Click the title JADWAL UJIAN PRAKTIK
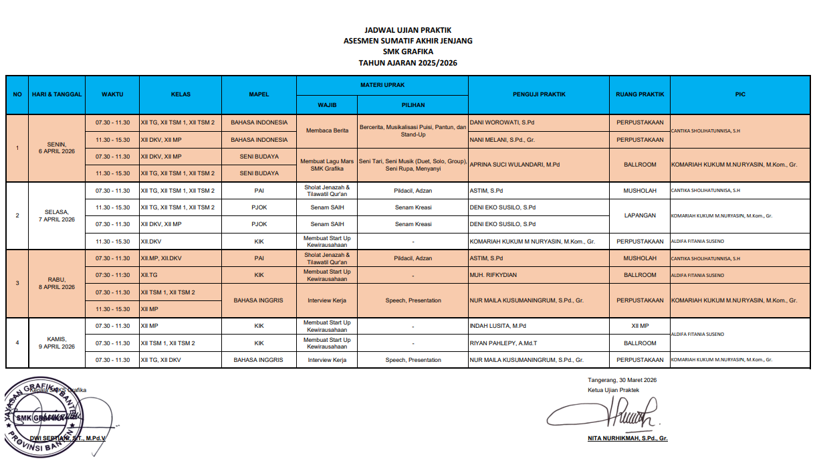coord(408,30)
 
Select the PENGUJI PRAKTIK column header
coord(539,94)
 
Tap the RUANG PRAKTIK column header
coord(640,94)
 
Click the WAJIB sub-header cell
coord(327,105)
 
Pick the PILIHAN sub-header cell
coord(413,105)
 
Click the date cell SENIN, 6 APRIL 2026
coord(56,148)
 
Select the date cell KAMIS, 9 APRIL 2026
coord(56,343)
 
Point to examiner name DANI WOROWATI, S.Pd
coord(502,123)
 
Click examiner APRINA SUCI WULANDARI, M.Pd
coord(515,165)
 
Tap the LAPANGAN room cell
coord(640,215)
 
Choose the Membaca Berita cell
coord(327,131)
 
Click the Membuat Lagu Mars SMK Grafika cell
coord(327,165)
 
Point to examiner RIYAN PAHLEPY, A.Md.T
coord(503,343)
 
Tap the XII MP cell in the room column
coord(640,326)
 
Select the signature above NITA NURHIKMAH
coord(605,415)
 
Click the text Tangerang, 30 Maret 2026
coord(621,380)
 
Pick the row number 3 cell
coord(17,283)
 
